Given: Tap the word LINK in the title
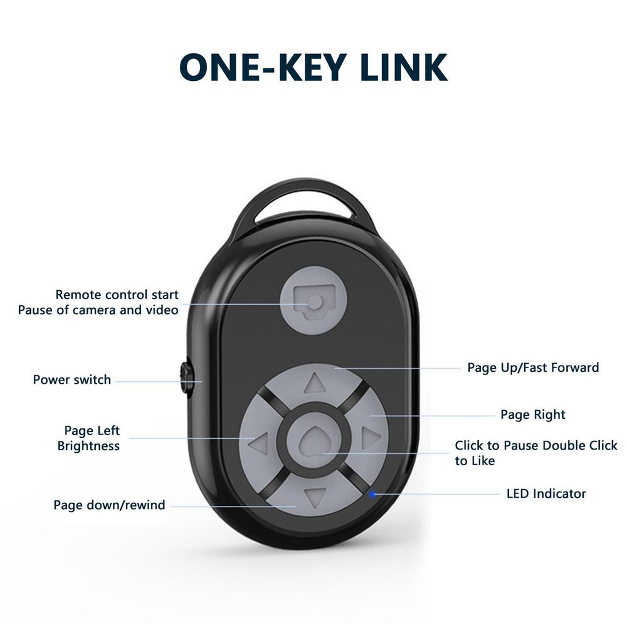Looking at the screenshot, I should (405, 67).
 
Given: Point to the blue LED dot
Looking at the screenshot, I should (373, 494).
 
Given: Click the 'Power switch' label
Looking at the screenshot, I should (71, 380).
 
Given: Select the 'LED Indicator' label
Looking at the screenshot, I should (546, 493).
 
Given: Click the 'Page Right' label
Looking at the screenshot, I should (532, 414).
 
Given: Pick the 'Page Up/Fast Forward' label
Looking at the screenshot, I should (533, 367).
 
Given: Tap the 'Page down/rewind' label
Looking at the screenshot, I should (109, 505).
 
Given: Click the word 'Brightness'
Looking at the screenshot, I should (88, 446).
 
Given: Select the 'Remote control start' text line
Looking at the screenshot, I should (117, 295).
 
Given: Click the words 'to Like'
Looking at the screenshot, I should (475, 461).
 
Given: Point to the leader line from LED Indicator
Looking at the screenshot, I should (439, 494).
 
